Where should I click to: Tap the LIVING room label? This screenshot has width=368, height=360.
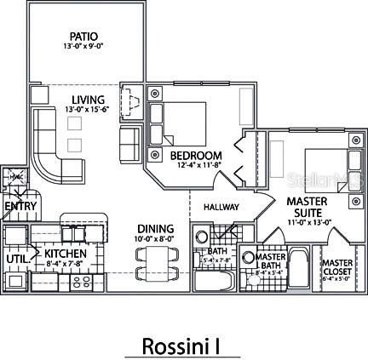point(83,99)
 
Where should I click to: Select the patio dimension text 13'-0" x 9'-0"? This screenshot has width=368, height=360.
point(83,48)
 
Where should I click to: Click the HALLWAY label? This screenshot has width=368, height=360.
point(221,208)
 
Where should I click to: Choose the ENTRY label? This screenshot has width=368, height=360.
point(18,206)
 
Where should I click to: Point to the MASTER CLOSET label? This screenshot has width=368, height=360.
point(336,269)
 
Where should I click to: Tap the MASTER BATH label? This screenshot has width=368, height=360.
point(270,263)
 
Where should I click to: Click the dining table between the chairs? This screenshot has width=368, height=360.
point(154,261)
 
